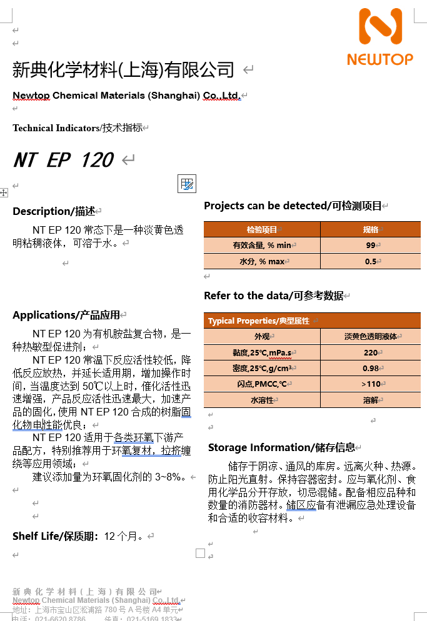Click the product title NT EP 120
63,160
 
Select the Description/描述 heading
54,211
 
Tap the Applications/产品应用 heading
66,315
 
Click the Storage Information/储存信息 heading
281,447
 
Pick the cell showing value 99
371,246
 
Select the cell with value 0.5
371,262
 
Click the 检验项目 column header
262,229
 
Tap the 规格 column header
371,229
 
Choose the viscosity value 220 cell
371,352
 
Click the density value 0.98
371,369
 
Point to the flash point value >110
371,384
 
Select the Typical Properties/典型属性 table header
259,321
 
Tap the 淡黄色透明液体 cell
371,337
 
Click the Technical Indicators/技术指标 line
78,128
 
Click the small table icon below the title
187,184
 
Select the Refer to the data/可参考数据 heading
274,296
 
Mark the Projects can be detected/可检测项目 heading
293,206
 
